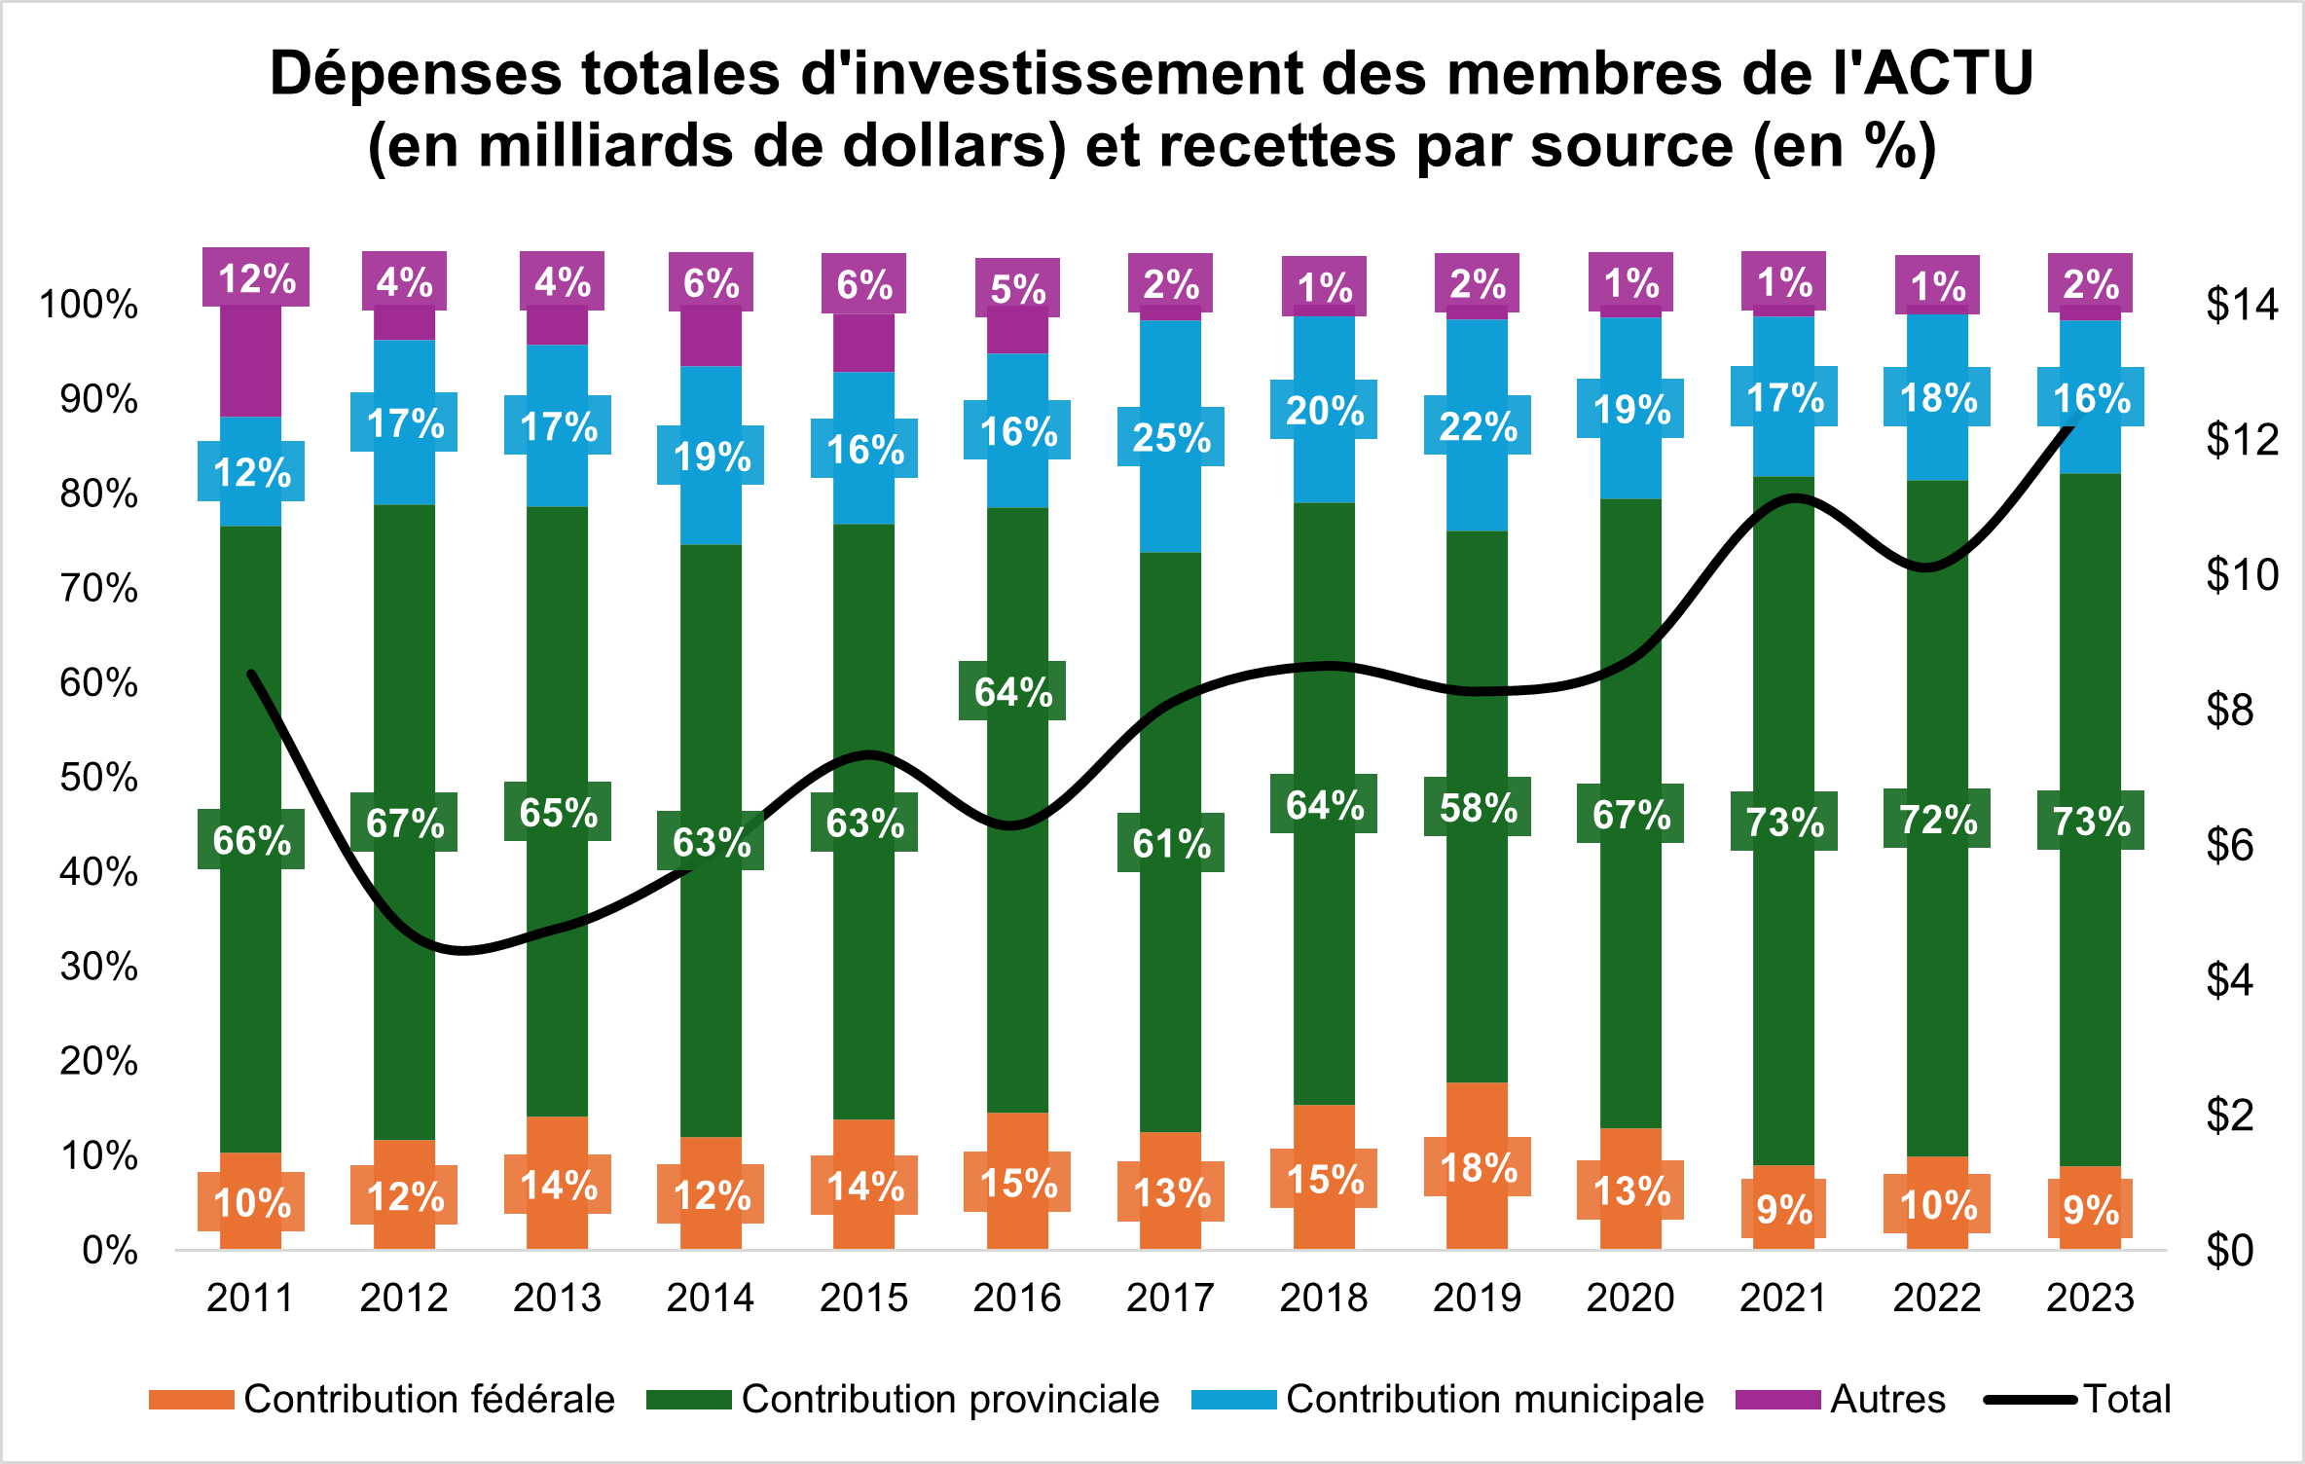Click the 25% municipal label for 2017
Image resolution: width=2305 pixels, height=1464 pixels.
click(x=1171, y=437)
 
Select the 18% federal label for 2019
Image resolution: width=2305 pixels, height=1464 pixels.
click(x=1478, y=1167)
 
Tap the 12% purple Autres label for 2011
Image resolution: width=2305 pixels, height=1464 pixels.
click(x=256, y=278)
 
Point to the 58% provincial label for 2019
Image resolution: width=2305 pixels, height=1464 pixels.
click(x=1478, y=807)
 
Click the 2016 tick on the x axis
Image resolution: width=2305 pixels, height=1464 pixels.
click(x=1017, y=1298)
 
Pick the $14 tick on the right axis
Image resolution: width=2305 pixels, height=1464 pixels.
click(x=2242, y=305)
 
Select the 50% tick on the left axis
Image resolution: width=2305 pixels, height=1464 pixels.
click(x=98, y=777)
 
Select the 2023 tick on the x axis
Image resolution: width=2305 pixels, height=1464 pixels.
click(x=2090, y=1298)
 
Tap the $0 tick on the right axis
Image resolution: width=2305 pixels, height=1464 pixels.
click(x=2229, y=1251)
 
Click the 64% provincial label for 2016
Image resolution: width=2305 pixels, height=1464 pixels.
click(x=1012, y=691)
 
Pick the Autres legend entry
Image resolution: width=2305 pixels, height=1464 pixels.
click(x=1887, y=1399)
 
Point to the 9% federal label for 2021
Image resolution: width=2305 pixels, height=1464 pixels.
click(x=1784, y=1209)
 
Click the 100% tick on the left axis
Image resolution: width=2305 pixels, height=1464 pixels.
click(x=89, y=305)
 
